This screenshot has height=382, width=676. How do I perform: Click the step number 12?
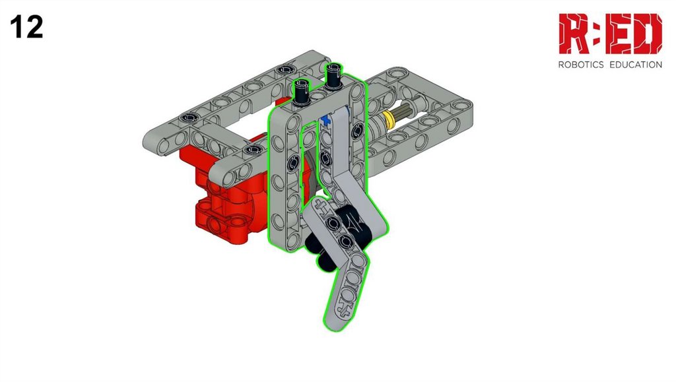(26, 26)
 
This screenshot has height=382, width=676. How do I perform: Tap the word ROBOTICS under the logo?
(581, 65)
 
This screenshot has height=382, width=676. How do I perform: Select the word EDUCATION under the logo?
(636, 65)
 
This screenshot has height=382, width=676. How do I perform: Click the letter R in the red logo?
(574, 34)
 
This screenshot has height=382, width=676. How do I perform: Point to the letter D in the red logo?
(648, 34)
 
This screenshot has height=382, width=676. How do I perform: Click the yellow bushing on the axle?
(388, 119)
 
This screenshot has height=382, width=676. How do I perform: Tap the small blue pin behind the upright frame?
(325, 120)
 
